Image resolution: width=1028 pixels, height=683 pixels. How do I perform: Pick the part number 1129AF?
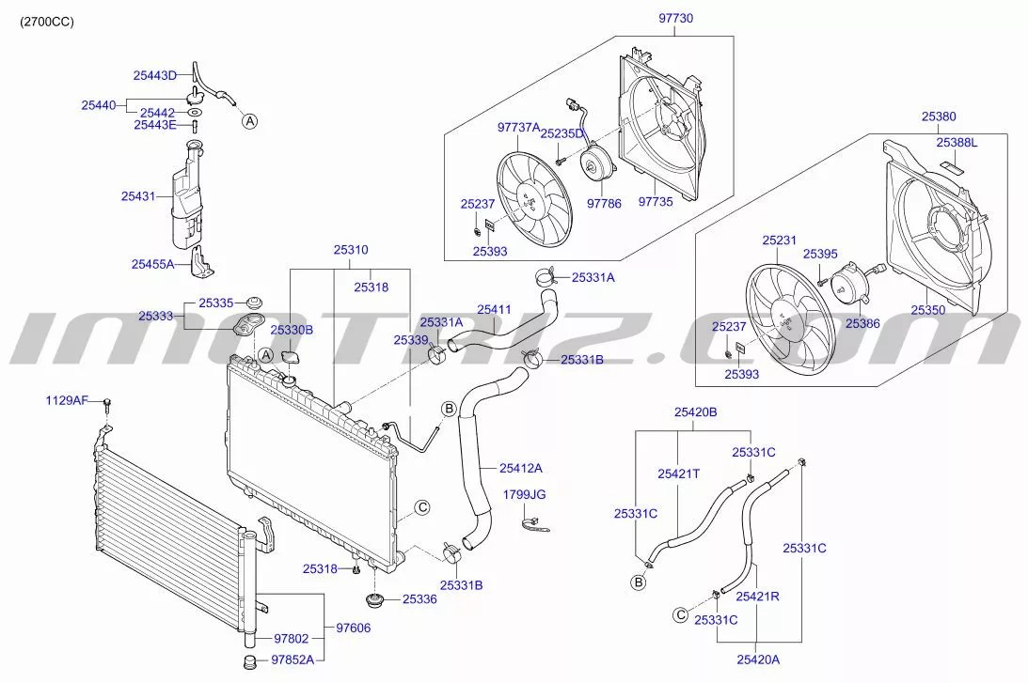pos(67,401)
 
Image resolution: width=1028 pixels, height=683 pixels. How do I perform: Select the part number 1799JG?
pos(525,494)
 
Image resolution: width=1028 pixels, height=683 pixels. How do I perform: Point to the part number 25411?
pos(494,308)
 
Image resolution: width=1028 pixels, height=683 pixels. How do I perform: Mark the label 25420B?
pos(695,411)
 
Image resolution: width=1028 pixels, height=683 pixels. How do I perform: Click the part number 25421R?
pos(756,596)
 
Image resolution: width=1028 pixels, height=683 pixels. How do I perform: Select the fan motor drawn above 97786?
pos(594,159)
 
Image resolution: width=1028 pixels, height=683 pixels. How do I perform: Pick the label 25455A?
pos(153,264)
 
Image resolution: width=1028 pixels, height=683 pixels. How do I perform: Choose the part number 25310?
pos(350,251)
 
